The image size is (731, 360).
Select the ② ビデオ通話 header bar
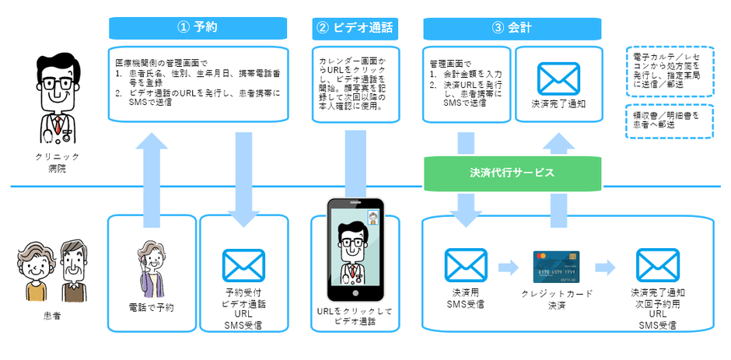pos(355,28)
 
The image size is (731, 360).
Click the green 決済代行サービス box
pos(512,173)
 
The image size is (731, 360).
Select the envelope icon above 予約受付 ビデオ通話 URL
pos(243,266)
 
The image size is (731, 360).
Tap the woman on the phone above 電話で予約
pos(151,266)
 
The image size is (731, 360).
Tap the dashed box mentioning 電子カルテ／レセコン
pos(669,72)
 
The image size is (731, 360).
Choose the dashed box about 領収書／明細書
pos(669,121)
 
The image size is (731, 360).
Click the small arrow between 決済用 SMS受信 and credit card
pos(507,267)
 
